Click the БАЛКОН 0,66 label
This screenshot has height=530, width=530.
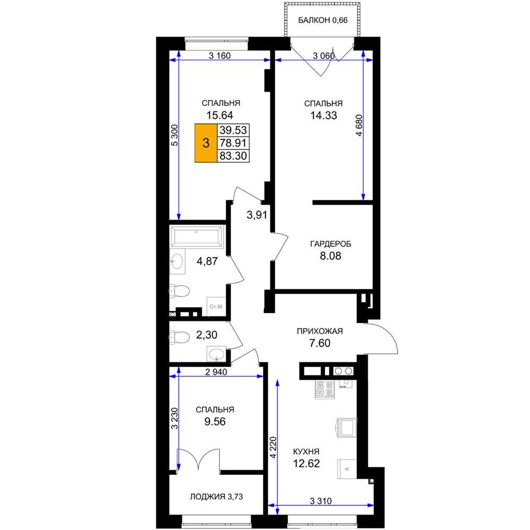(x=322, y=20)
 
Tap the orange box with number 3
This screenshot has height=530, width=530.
(x=206, y=143)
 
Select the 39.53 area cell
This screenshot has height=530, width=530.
(x=233, y=130)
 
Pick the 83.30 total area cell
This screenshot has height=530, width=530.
(x=233, y=156)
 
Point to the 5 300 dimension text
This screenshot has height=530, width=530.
(x=174, y=135)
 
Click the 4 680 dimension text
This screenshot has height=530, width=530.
(x=359, y=125)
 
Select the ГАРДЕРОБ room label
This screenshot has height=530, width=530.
(x=330, y=244)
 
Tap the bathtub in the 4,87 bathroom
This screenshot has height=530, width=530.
(x=197, y=236)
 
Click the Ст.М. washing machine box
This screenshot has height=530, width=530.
(x=216, y=306)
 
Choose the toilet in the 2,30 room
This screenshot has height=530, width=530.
(x=180, y=337)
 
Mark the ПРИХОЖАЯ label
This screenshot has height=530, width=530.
(x=320, y=331)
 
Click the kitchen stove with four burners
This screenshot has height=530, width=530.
(x=324, y=390)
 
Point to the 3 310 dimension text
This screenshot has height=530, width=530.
(x=321, y=501)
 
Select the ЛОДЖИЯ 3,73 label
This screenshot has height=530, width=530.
(x=216, y=497)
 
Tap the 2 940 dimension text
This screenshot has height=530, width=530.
(x=216, y=372)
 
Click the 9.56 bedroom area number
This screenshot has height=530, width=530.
(x=215, y=421)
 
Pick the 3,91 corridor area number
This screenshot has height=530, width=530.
(x=257, y=215)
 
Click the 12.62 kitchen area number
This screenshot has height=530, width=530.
(x=306, y=463)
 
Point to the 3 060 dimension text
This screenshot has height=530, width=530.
(x=323, y=56)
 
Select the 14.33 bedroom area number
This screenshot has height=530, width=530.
(x=323, y=115)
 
